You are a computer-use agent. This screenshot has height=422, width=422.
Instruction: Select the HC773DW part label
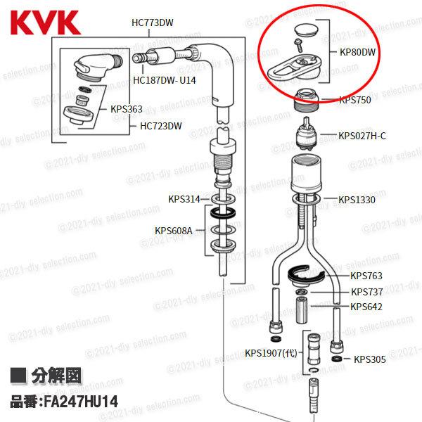(152, 22)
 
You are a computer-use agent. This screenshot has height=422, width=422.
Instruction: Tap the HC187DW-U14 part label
(165, 80)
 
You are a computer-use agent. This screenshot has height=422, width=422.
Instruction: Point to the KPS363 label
(126, 109)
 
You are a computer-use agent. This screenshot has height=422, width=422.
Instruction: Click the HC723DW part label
(160, 127)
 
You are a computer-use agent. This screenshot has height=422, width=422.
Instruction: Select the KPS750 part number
(355, 100)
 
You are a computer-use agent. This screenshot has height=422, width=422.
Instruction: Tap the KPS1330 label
(357, 200)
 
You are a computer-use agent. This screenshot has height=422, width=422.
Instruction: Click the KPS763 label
(366, 276)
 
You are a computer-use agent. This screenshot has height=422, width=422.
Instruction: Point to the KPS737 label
(366, 292)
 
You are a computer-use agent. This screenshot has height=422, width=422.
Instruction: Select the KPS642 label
(366, 307)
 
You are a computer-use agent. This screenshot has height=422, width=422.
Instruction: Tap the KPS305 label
(370, 359)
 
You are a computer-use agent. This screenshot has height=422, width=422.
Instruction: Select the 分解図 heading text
(57, 376)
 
